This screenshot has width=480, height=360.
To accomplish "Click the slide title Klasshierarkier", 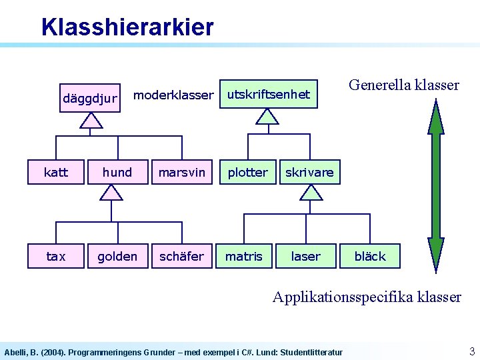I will click(127, 27).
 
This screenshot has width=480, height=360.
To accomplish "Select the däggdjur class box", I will click(89, 99).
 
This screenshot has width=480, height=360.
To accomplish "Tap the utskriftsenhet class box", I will click(269, 95).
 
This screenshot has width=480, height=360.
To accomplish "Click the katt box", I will click(56, 173).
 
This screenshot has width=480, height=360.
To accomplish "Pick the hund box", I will click(117, 173).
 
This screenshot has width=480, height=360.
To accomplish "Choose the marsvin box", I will click(181, 173).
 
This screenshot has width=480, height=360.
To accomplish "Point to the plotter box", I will click(247, 173).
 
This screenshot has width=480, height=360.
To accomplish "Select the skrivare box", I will click(309, 173).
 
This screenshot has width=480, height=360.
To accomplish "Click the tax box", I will click(56, 256).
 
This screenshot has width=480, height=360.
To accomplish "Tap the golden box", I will click(117, 256).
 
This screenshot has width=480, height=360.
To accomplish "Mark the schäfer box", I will click(181, 256).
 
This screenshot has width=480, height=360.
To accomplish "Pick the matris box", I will click(244, 256).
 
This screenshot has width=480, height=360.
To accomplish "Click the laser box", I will click(305, 256).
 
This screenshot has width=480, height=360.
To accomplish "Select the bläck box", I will click(370, 256).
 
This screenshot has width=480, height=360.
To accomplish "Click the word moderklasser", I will click(173, 95).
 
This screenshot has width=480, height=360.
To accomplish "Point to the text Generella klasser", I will click(404, 85).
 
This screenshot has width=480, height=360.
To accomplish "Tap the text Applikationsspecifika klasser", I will click(367, 297).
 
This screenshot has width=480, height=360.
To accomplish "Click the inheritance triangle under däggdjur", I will click(90, 120).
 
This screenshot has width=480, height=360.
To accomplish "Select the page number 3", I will click(471, 351).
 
